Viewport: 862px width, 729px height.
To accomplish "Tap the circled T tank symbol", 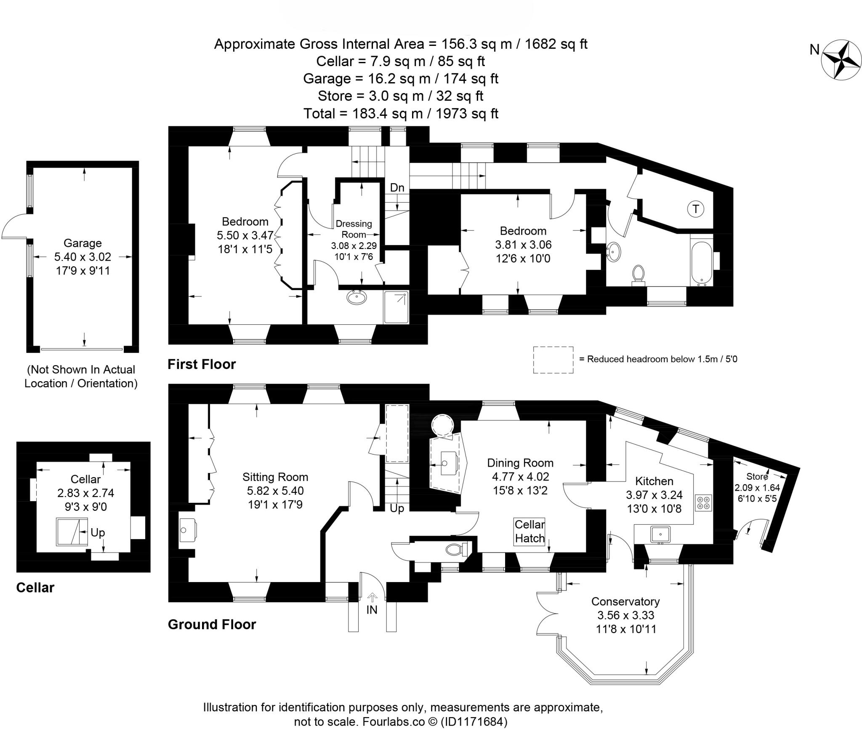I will [x=695, y=209].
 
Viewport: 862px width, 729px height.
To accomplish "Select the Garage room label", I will [x=82, y=243].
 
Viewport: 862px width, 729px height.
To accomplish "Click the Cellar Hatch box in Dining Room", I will [x=529, y=531].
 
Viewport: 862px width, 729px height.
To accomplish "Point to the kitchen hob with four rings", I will [x=703, y=502].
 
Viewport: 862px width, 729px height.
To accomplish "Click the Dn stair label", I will [x=397, y=188].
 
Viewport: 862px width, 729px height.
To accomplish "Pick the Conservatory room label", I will [x=625, y=601].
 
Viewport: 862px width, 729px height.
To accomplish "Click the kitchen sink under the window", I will [x=660, y=534].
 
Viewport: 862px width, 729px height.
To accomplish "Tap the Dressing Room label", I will [x=354, y=229].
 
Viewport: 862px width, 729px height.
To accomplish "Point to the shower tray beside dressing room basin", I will [x=396, y=308].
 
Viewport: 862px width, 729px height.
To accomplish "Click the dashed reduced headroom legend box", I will [x=553, y=360].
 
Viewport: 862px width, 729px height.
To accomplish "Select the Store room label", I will [x=757, y=477].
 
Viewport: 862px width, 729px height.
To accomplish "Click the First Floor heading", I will [x=202, y=364].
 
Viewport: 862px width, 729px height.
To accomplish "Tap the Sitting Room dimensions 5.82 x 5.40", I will [x=275, y=491].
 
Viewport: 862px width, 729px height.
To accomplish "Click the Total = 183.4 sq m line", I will [x=401, y=114].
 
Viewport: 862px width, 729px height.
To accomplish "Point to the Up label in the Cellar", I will [x=98, y=532].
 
